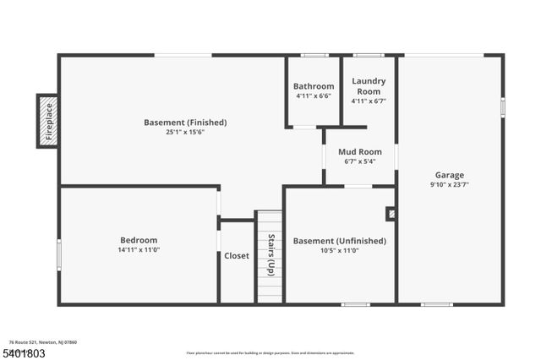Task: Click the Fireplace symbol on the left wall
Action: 47,121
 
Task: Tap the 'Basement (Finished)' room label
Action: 185,123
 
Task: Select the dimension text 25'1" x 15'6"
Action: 185,132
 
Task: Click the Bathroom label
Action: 314,86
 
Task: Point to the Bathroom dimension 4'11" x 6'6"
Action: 314,95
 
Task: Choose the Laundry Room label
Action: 369,86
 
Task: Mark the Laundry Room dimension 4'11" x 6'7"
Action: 369,101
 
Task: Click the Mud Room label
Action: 360,152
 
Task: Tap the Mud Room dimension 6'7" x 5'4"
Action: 360,161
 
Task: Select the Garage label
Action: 450,175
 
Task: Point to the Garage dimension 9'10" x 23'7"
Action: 450,184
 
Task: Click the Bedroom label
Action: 138,240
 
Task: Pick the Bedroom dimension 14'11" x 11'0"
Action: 138,249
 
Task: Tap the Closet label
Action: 237,256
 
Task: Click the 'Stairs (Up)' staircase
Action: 270,256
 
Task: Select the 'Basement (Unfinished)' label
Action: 339,241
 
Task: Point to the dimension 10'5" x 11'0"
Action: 339,250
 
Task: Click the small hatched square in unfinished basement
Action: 391,214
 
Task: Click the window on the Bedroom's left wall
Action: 59,254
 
